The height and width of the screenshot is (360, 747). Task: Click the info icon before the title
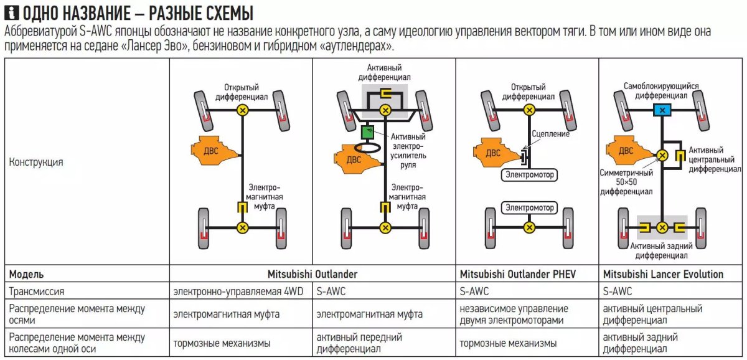tap(7, 13)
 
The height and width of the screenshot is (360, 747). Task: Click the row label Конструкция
tap(35, 162)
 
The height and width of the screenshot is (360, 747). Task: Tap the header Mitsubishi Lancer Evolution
tap(663, 274)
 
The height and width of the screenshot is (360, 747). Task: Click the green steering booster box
tap(367, 132)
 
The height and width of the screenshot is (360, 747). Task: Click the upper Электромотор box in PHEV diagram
tap(529, 175)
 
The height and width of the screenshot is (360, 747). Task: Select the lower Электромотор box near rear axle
tap(529, 207)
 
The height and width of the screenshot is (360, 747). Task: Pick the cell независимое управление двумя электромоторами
tap(514, 315)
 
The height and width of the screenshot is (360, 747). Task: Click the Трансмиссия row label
tap(36, 291)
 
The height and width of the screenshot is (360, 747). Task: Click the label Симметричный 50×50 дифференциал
tap(626, 182)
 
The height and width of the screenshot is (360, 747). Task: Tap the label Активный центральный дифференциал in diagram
tap(714, 159)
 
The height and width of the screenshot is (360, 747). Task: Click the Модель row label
tap(26, 274)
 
